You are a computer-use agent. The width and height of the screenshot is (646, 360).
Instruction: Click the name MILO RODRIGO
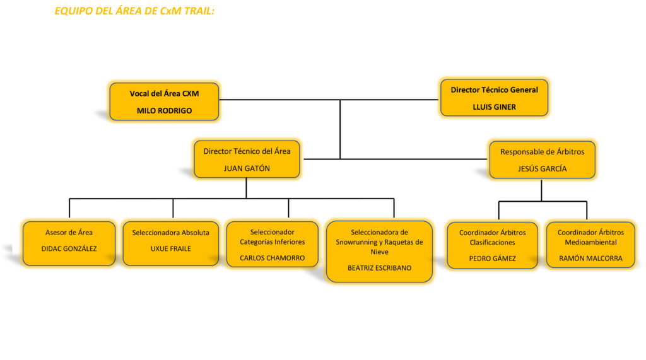pos(164,110)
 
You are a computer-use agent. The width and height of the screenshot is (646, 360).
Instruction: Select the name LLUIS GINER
pos(494,107)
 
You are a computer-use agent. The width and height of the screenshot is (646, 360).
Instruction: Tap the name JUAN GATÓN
pos(247,168)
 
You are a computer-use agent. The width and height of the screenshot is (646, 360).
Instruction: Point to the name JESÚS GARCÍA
pos(542,169)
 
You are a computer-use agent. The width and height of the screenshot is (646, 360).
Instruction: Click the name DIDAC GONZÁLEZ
pos(69,248)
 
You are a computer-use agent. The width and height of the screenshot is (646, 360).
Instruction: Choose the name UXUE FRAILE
pos(170,248)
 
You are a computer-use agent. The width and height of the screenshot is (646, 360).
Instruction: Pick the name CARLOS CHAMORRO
pos(272,258)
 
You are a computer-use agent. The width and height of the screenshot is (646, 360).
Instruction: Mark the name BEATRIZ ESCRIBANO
pos(379,268)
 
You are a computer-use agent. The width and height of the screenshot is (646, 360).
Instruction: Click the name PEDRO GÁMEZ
pos(492,258)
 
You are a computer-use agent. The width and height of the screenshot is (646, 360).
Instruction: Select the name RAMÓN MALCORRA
pos(590,258)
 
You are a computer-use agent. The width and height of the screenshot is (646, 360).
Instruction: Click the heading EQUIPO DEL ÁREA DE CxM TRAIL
pos(134,11)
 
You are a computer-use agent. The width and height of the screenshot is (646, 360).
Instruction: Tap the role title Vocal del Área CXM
pos(164,93)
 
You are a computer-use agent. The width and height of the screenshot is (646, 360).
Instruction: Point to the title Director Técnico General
pos(494,90)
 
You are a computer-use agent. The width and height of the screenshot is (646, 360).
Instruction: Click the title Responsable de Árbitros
pos(542,152)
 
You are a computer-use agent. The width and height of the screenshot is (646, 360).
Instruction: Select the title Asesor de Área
pos(69,233)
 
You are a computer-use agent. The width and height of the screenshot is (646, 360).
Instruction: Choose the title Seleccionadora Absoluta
pos(170,233)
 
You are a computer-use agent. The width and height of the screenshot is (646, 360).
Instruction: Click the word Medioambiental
pos(590,242)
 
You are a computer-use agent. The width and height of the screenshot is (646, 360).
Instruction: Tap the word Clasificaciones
pos(492,242)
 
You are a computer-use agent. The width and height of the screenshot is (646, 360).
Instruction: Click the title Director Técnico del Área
pos(247,151)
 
